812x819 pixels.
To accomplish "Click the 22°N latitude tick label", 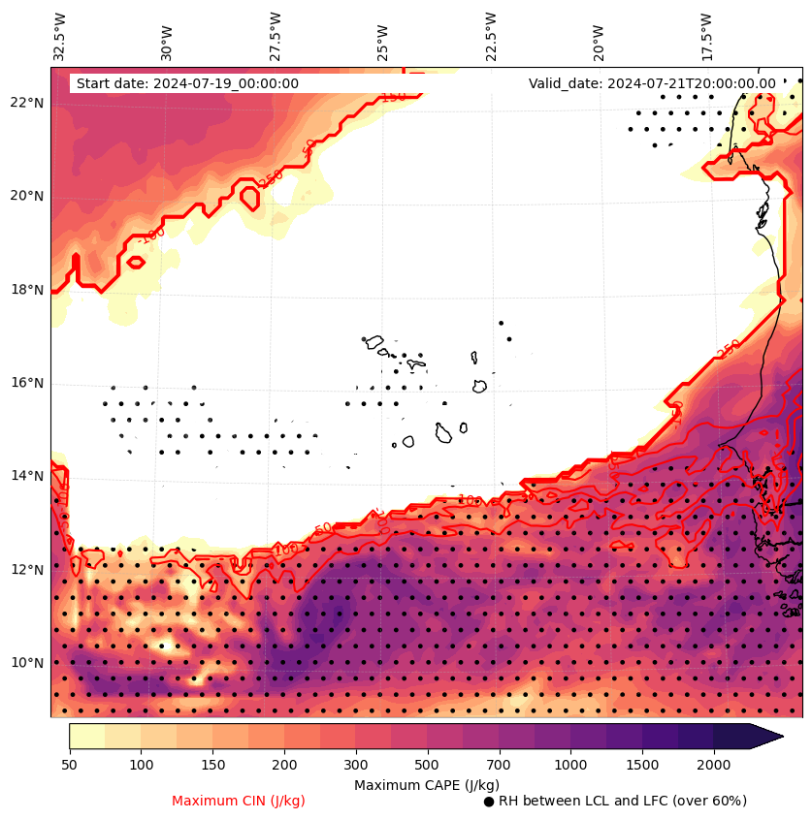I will coord(27,103).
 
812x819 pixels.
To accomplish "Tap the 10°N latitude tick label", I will coord(27,663).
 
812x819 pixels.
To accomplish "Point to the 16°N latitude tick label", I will coord(27,383).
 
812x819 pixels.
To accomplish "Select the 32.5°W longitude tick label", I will coord(60,36).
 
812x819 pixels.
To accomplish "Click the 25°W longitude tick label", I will coord(383,40).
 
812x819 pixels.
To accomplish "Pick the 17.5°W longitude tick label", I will coord(706,36).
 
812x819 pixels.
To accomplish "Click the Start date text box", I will coord(187,83).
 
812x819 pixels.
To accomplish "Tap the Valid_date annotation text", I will coord(652,83).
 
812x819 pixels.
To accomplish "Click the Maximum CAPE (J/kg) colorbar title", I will coord(427,784).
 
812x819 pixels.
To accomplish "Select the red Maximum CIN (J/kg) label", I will coord(239,801).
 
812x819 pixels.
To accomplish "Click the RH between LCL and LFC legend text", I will coord(623,801).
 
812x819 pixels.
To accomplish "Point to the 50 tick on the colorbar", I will coord(69,765).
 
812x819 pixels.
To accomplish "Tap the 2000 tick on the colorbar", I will coord(714,765).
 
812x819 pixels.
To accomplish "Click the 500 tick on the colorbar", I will coord(428,765).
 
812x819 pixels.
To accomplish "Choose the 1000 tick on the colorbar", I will coord(570,765).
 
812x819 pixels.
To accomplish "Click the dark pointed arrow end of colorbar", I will coord(766,736).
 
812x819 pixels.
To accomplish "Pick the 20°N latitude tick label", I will coord(27,196).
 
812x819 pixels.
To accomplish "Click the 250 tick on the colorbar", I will coord(320,765).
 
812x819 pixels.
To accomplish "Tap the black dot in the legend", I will coord(489,802).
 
